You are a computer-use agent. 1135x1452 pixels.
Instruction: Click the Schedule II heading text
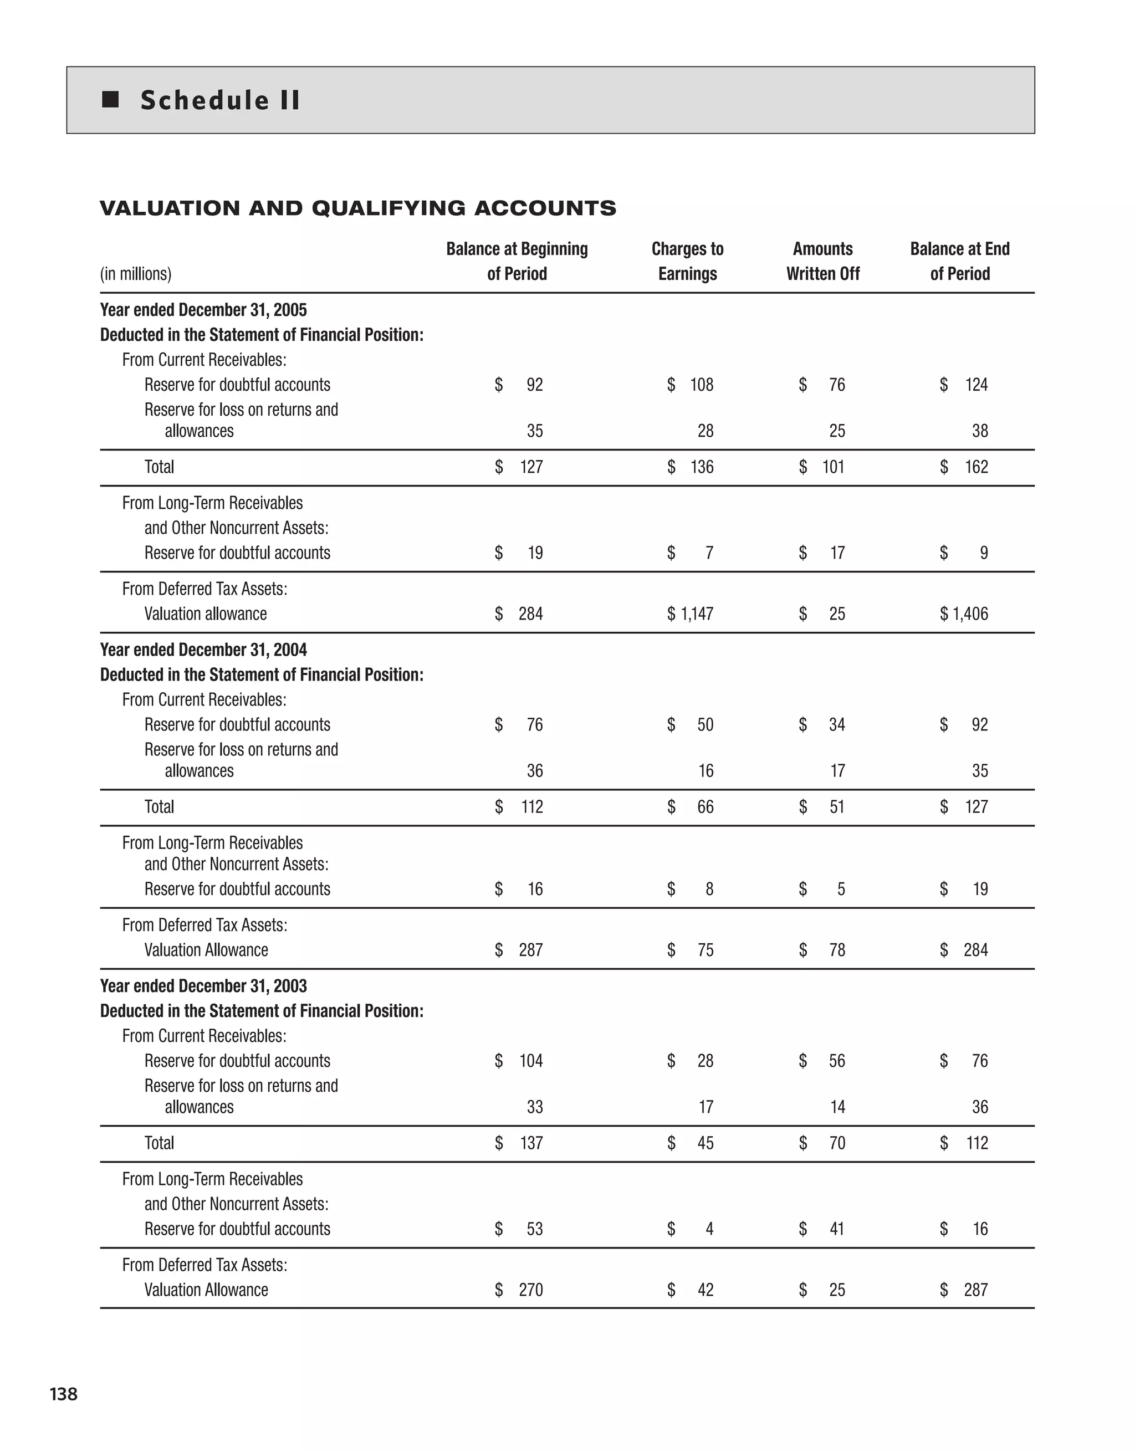coord(220,100)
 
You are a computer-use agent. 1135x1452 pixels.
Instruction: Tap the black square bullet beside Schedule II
coord(110,100)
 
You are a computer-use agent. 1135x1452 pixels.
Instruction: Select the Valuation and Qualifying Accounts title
coord(357,208)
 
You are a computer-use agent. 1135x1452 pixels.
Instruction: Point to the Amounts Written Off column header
coord(822,261)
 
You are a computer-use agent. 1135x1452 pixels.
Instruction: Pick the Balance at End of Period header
coord(959,261)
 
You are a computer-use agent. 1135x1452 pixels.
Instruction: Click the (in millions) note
coord(136,274)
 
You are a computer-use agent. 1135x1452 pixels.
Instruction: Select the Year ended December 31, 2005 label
coord(203,310)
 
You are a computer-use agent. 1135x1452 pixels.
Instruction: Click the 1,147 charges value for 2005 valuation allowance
coord(696,613)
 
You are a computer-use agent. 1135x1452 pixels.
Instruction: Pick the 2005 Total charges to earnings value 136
coord(702,467)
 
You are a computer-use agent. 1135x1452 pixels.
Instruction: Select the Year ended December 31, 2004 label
coord(203,650)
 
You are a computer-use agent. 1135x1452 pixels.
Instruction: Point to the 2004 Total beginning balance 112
coord(531,806)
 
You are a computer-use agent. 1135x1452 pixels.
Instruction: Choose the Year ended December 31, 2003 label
coord(203,986)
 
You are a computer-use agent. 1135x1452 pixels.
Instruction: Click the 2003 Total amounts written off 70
coord(836,1143)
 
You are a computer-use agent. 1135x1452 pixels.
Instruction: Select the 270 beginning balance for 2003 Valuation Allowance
coord(530,1290)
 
